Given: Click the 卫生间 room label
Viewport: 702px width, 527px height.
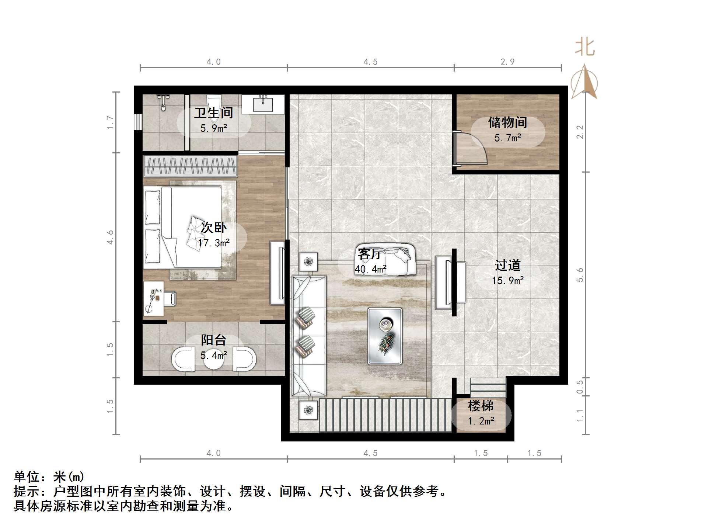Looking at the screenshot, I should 213,113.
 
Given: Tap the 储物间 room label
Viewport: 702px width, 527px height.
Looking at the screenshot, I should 507,122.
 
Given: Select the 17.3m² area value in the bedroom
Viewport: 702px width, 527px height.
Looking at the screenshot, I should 214,243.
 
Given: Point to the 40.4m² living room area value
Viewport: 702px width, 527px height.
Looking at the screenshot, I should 370,269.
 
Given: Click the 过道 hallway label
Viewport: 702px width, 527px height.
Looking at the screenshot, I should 507,265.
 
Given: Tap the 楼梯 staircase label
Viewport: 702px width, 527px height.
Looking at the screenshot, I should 481,406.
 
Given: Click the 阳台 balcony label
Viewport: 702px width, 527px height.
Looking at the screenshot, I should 213,340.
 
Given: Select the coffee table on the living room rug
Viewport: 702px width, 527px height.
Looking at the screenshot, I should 385,336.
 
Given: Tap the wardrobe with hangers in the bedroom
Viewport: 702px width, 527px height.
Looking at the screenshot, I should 190,166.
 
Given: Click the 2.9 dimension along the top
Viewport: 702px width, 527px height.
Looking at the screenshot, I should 507,62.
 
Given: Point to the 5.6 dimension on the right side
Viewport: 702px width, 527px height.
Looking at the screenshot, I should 580,275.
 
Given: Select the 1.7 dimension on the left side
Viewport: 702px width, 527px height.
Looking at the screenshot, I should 110,122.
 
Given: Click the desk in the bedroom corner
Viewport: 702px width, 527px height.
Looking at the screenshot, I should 153,298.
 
